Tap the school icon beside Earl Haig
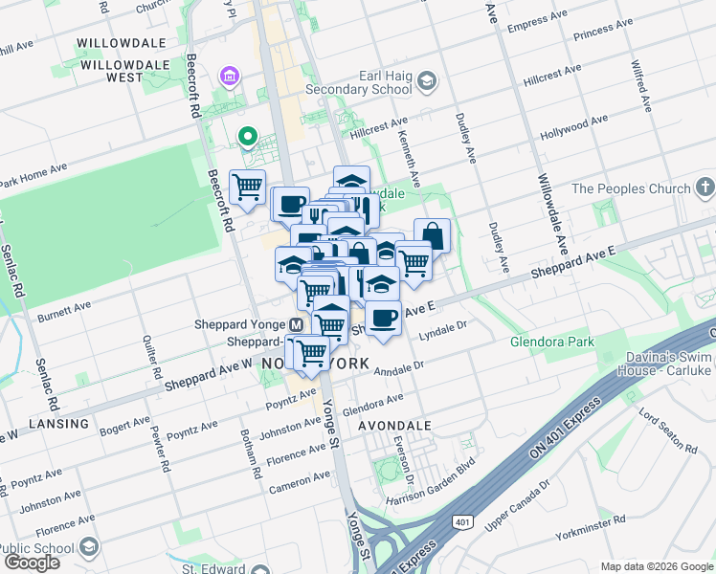tap(426, 84)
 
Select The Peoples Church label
tap(631, 188)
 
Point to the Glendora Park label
tap(552, 342)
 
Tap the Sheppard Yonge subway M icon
tap(297, 324)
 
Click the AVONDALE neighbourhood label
tap(393, 425)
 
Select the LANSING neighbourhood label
tap(58, 423)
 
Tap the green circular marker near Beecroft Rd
tap(248, 138)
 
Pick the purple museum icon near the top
tap(229, 75)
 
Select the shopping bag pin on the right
tap(433, 234)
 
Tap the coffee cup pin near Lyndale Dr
tap(383, 318)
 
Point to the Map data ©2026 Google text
tap(656, 566)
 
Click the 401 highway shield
tap(463, 521)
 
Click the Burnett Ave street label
tap(64, 311)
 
